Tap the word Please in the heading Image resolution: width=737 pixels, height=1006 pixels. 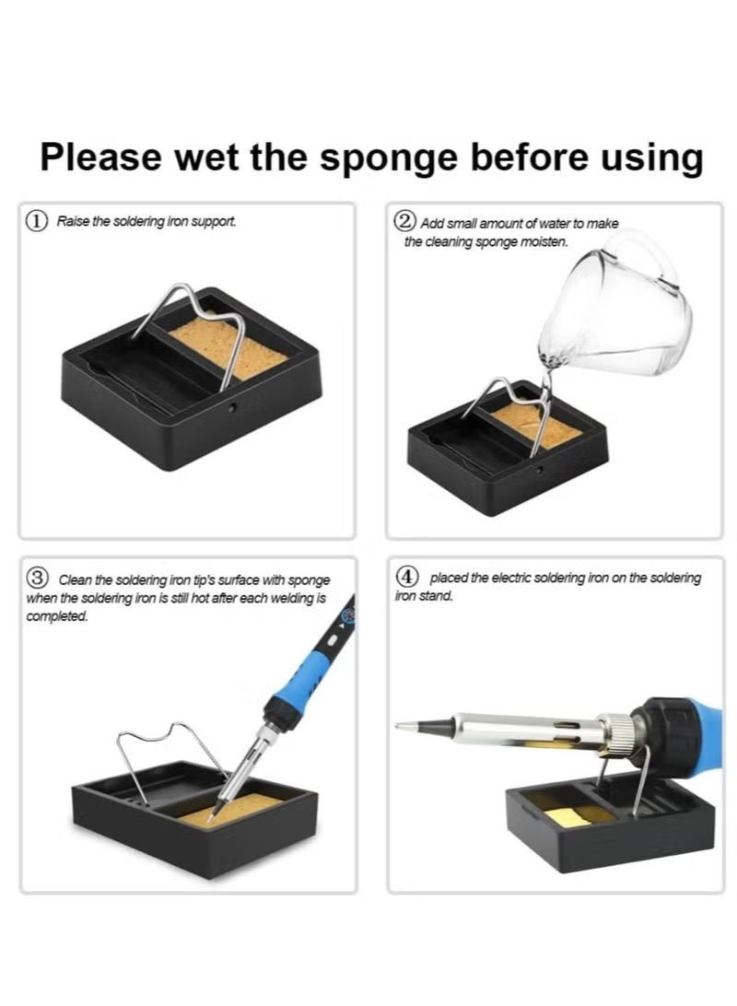click(100, 157)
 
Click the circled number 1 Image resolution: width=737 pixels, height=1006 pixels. click(37, 221)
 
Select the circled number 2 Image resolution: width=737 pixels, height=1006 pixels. click(405, 221)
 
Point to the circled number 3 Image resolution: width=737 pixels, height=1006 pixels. click(37, 578)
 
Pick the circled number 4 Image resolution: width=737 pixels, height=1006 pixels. click(406, 576)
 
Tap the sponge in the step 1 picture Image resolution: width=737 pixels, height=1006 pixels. click(228, 350)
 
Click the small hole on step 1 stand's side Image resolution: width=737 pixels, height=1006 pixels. click(232, 407)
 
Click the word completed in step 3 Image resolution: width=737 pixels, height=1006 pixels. click(56, 616)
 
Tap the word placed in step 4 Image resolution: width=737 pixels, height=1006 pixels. click(449, 578)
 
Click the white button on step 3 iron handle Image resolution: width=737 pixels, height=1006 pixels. click(333, 640)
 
